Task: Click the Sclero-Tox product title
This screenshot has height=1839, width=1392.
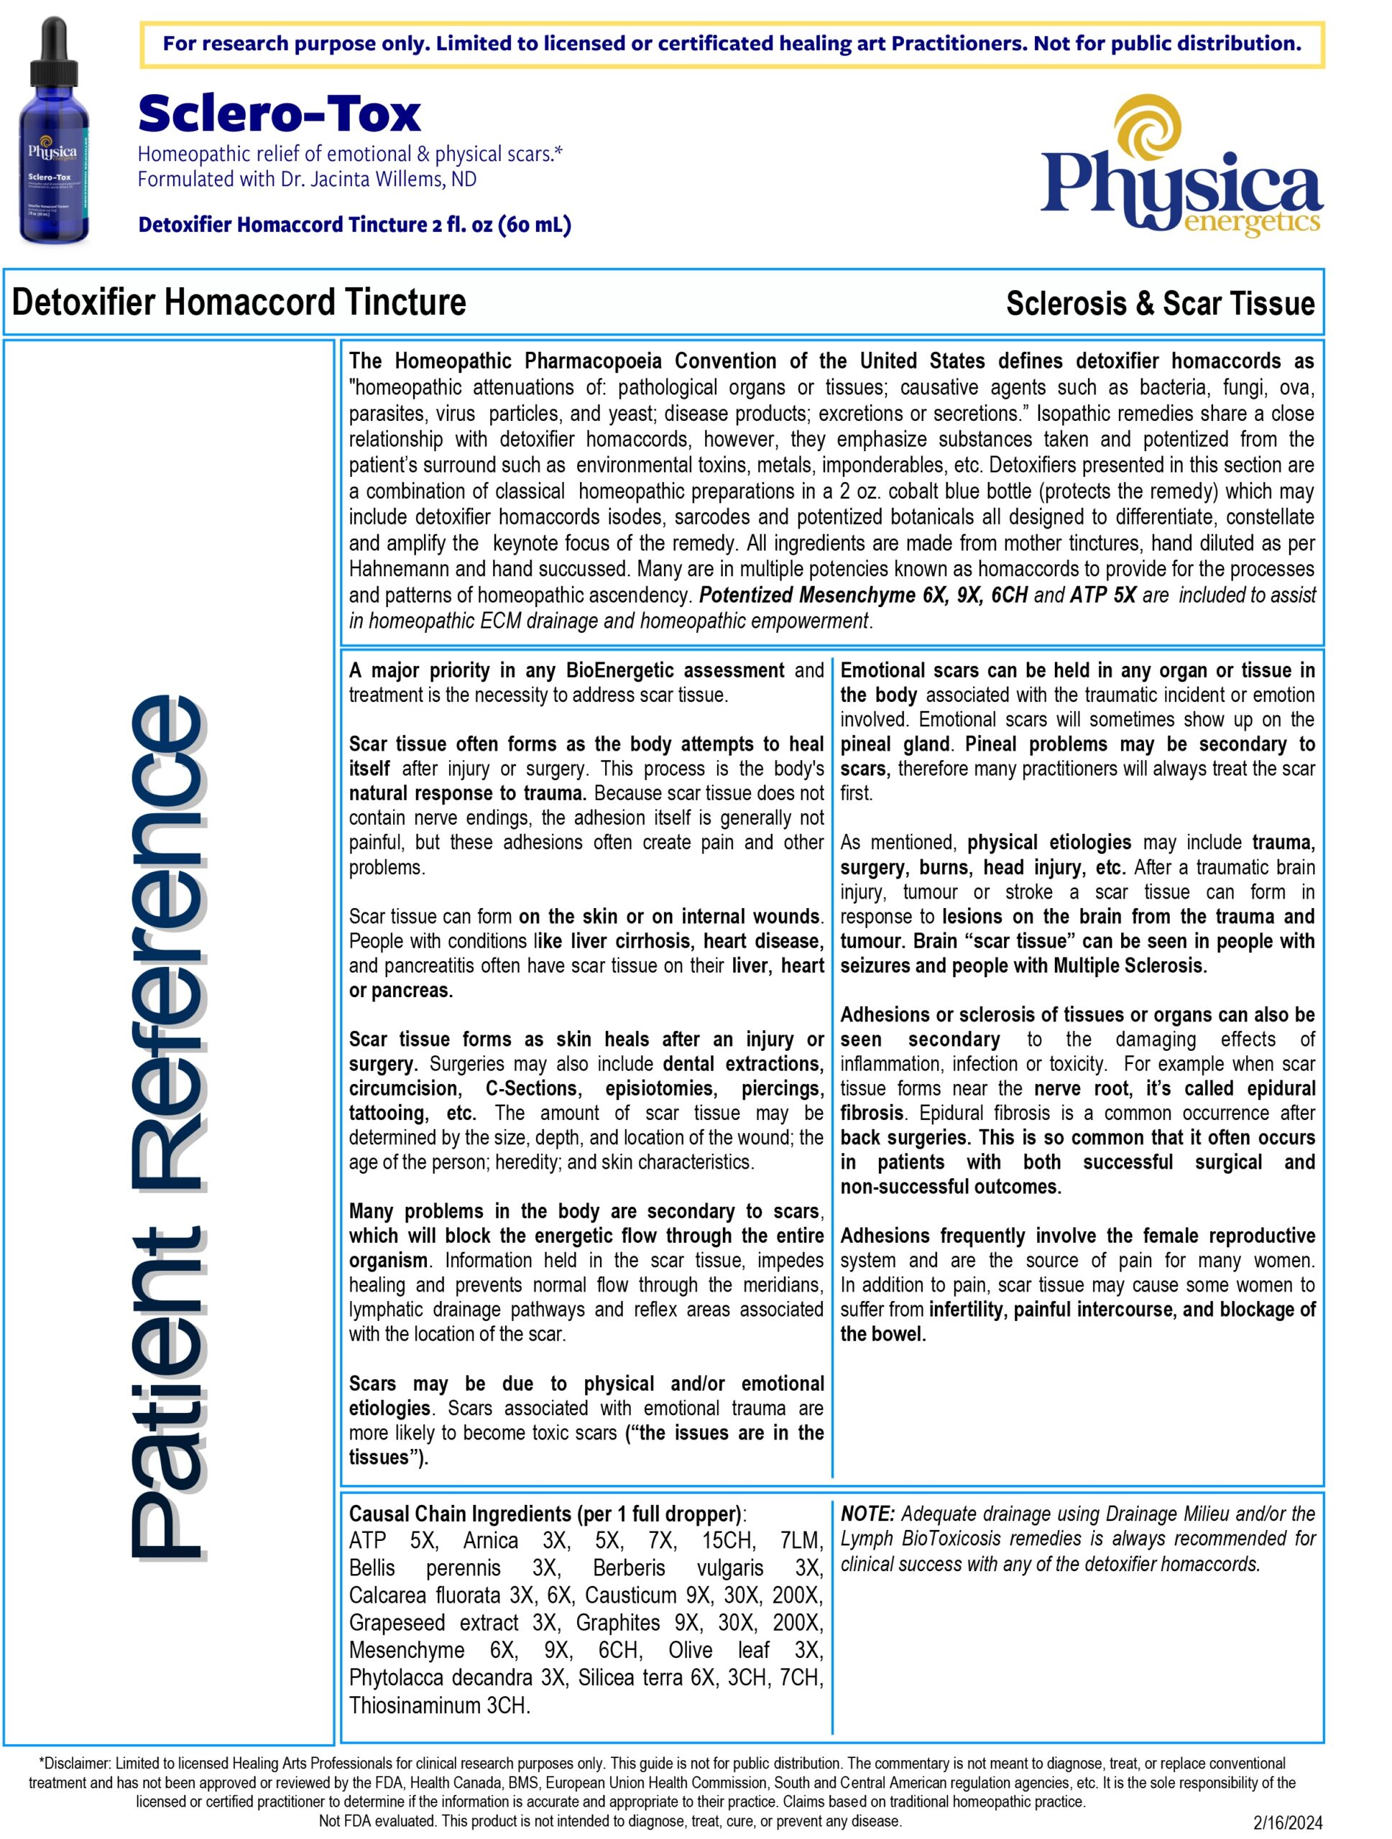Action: (x=280, y=114)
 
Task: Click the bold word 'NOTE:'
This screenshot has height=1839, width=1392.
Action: (x=867, y=1514)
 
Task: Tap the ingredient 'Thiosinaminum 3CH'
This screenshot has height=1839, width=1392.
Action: (x=438, y=1705)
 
